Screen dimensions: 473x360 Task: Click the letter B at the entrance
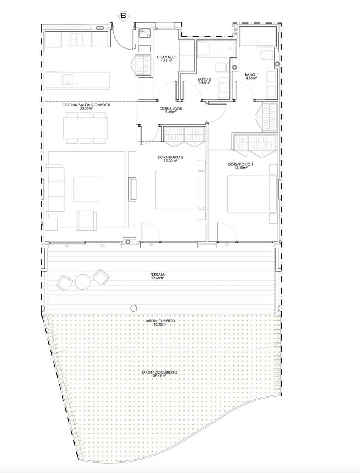click(123, 16)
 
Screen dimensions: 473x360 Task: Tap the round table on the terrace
click(83, 281)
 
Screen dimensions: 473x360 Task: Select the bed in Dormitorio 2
click(179, 190)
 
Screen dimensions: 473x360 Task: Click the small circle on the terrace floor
click(134, 308)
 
